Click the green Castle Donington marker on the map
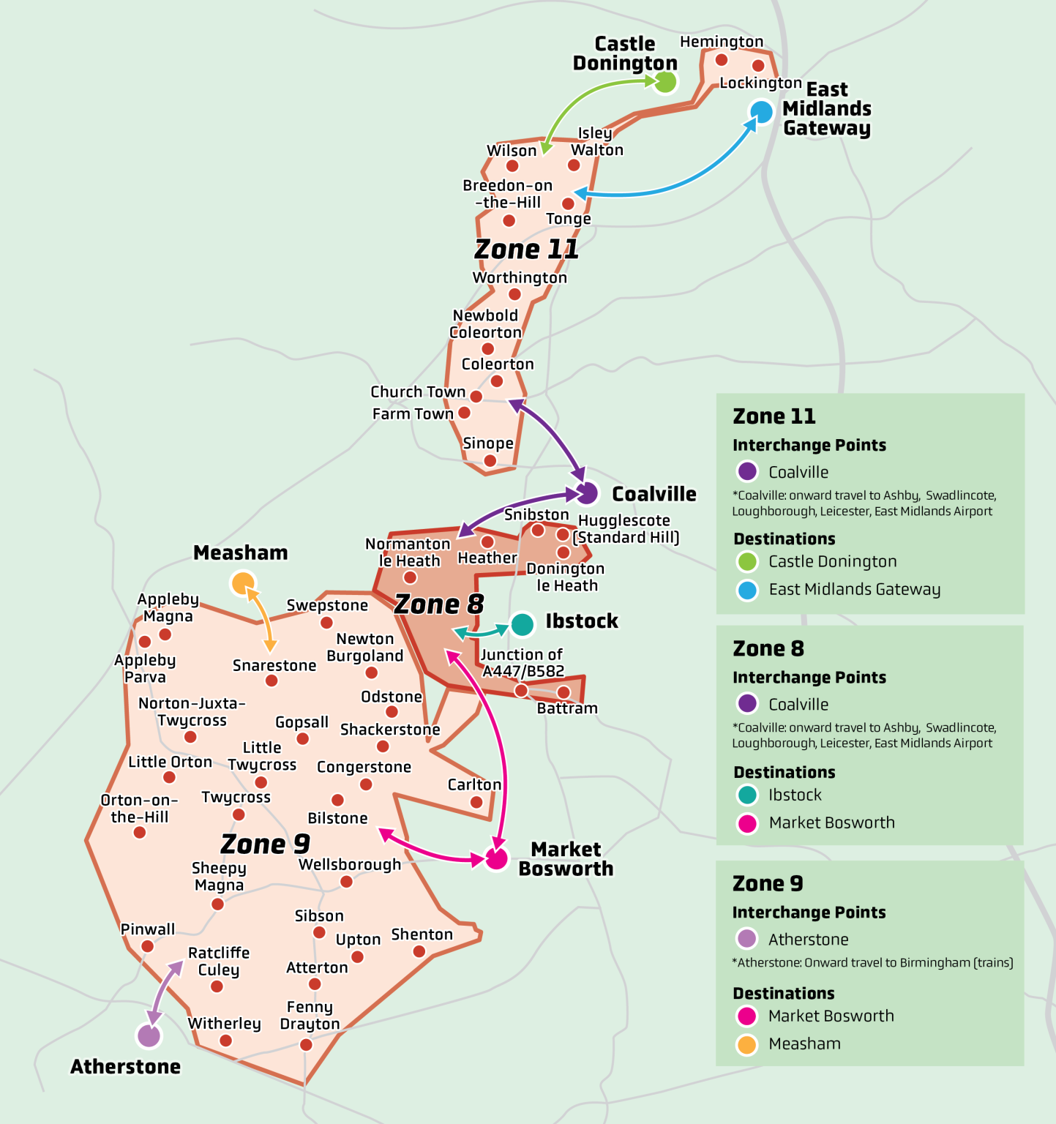coord(665,81)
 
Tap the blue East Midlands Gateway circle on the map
coord(761,112)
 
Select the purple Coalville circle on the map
coord(587,493)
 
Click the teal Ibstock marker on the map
coord(523,624)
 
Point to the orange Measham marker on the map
coord(242,583)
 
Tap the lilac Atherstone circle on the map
coord(149,1035)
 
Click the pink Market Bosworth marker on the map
coord(497,859)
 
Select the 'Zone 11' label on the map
coord(526,249)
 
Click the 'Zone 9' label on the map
coord(265,844)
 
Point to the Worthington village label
coord(520,278)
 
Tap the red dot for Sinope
coord(490,461)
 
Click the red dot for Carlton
coord(476,802)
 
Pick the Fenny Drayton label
coord(310,1016)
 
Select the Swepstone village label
coord(327,605)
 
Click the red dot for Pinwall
coord(147,946)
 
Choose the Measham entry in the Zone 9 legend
coord(804,1044)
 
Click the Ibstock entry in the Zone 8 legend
coord(795,795)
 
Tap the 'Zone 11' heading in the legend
coord(774,416)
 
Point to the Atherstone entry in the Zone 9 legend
coord(808,940)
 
